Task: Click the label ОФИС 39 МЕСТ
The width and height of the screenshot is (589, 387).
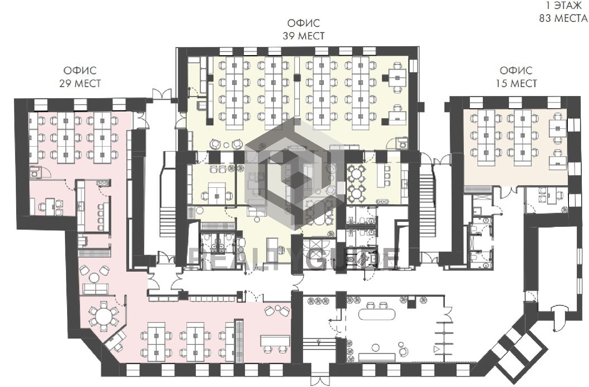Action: (303, 29)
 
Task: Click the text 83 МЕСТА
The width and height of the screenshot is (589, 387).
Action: (562, 18)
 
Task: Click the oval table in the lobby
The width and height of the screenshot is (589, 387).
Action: (377, 314)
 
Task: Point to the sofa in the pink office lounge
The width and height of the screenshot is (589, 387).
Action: (96, 288)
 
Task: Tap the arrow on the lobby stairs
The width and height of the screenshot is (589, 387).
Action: (319, 342)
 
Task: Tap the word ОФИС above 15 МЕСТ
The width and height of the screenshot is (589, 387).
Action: (516, 70)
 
